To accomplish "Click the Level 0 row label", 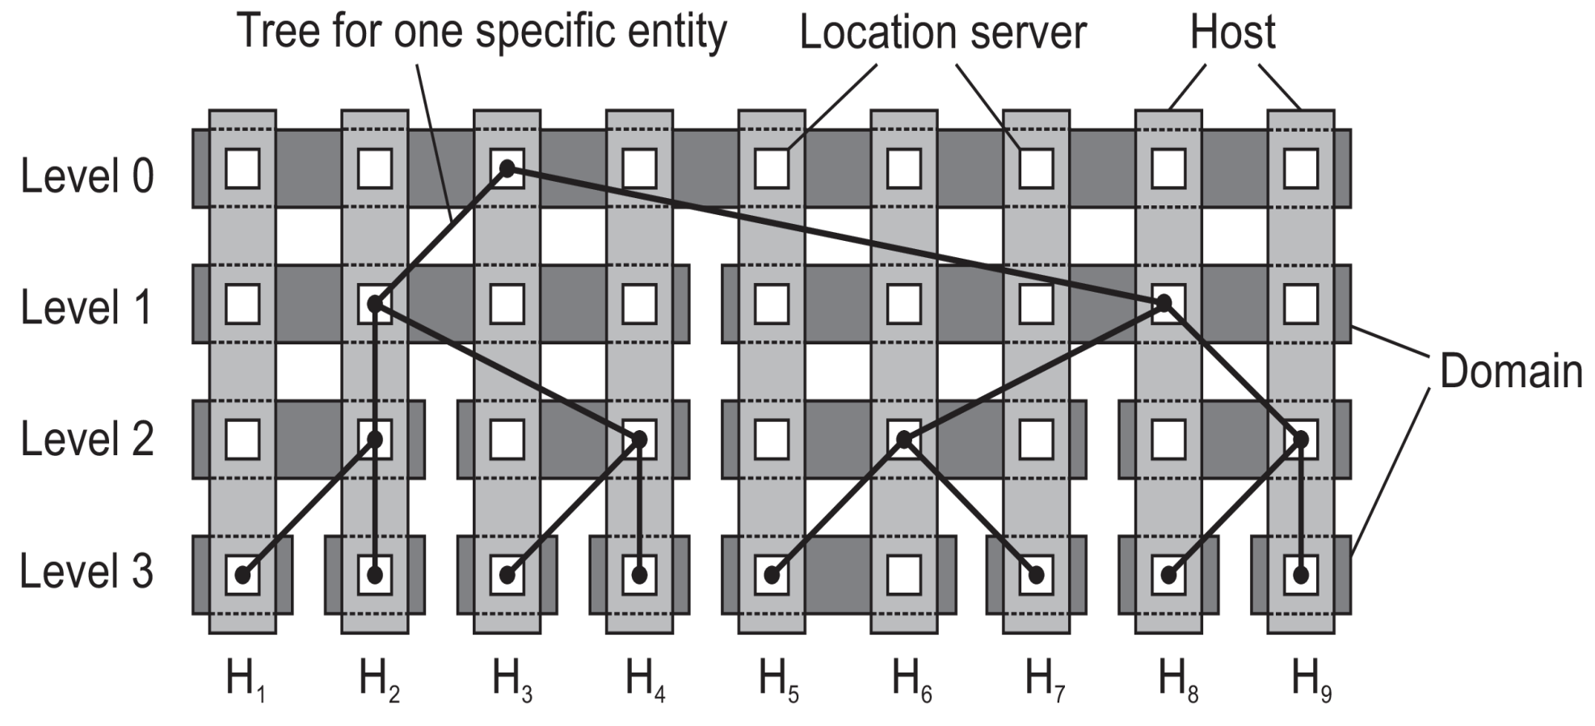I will pos(87,176).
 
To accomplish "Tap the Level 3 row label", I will pos(86,572).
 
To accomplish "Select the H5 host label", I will pos(778,680).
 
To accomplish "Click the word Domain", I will pos(1510,372).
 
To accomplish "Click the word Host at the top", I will pos(1232,32).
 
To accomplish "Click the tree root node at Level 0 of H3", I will pos(507,168).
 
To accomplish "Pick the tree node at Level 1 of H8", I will pos(1164,303).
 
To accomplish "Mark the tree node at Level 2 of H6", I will pos(904,439).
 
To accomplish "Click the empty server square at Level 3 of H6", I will pos(904,575).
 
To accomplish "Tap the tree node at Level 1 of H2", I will pos(375,304).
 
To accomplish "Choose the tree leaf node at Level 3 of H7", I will pos(1037,575).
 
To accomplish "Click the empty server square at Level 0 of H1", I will pos(242,169).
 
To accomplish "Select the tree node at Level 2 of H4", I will pos(639,439).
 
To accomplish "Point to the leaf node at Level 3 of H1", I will pos(242,575).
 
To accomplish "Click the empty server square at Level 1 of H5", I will pos(772,304).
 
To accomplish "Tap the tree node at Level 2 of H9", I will pos(1301,439).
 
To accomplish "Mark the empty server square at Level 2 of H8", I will pos(1168,439).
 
